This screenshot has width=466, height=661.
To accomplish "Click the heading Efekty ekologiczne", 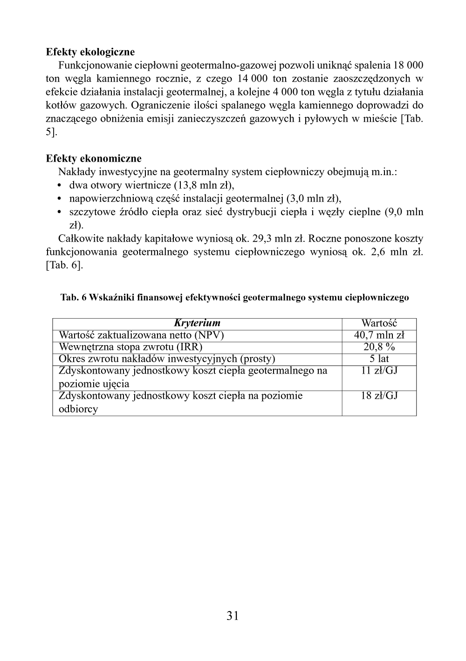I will click(x=90, y=52).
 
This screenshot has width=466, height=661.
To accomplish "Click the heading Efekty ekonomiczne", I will click(x=94, y=158).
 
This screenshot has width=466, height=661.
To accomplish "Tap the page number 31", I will click(x=233, y=616).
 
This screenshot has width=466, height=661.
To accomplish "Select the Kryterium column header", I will click(x=197, y=323).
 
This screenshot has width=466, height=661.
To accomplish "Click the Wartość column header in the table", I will click(x=379, y=323).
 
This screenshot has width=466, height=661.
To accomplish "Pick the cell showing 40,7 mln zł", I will click(x=379, y=335).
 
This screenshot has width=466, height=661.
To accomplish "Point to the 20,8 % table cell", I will click(x=379, y=347).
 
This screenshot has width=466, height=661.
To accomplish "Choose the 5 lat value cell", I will click(x=379, y=359).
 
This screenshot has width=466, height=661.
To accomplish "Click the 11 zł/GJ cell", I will click(x=379, y=371).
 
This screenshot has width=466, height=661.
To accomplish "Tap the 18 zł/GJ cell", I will click(x=379, y=396).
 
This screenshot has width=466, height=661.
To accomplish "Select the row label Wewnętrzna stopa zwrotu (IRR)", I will click(x=130, y=347).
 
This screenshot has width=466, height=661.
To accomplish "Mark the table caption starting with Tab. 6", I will click(x=234, y=298).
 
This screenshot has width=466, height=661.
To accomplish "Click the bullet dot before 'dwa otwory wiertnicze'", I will click(x=60, y=185).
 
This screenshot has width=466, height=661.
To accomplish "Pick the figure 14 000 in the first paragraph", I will click(x=252, y=79).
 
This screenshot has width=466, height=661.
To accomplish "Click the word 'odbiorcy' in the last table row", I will click(x=78, y=409).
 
